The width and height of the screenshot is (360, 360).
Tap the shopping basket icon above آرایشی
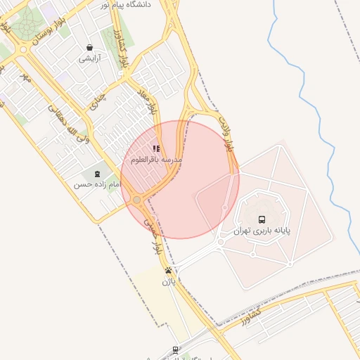[x=89, y=48]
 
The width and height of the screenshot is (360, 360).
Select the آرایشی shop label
[x=89, y=58]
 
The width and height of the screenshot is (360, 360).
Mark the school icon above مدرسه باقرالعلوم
[x=155, y=149]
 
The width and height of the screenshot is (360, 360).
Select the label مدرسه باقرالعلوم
[x=156, y=160]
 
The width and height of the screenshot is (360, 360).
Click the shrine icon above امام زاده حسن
[x=96, y=174]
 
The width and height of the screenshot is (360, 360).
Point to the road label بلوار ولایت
[x=226, y=135]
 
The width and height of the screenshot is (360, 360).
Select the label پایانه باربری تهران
[x=262, y=231]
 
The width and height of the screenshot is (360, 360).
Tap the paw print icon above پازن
[x=169, y=271]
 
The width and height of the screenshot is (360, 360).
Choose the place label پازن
[x=169, y=282]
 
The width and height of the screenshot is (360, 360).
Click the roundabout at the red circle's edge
[x=136, y=200]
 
